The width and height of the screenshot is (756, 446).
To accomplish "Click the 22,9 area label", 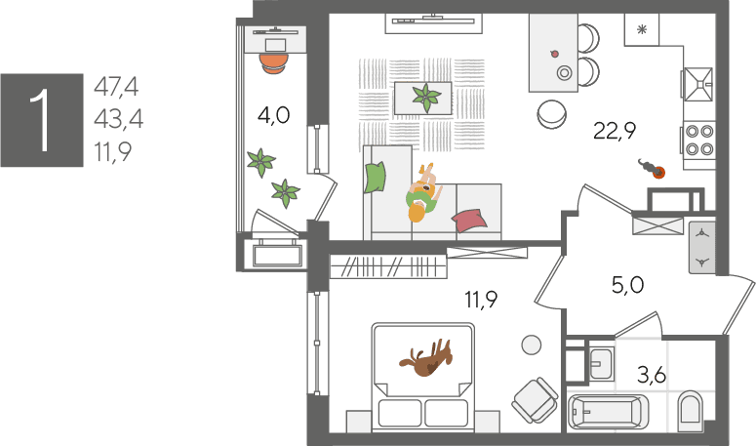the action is click(x=615, y=130).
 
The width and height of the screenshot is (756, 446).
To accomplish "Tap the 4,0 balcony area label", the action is click(x=273, y=116).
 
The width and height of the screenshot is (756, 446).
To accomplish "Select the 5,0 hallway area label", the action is click(x=627, y=285).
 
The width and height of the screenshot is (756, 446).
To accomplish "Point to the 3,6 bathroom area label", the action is click(x=652, y=374).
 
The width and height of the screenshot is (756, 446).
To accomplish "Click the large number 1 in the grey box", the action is click(x=41, y=120).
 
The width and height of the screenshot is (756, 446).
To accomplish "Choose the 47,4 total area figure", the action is click(x=116, y=87).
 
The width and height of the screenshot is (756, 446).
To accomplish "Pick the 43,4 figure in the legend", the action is click(x=118, y=119).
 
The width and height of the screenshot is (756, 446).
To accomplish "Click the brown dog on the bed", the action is click(x=426, y=359).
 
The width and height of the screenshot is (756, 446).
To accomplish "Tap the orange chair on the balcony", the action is click(x=274, y=63).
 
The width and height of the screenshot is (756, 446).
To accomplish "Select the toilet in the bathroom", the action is click(x=690, y=410).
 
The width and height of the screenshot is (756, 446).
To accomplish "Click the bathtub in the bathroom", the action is click(x=609, y=412).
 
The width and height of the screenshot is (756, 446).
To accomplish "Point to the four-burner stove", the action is click(x=699, y=140).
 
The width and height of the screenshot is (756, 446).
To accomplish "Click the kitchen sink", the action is click(x=698, y=84).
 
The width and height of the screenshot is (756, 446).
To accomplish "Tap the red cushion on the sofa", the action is click(x=469, y=221).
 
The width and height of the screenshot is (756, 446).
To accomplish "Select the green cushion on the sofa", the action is click(x=376, y=177).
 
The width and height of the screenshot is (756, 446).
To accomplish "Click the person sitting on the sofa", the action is click(x=422, y=193).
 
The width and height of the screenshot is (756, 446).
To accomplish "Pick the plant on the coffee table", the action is click(x=425, y=98).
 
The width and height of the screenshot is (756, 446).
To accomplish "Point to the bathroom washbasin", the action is click(x=601, y=364).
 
